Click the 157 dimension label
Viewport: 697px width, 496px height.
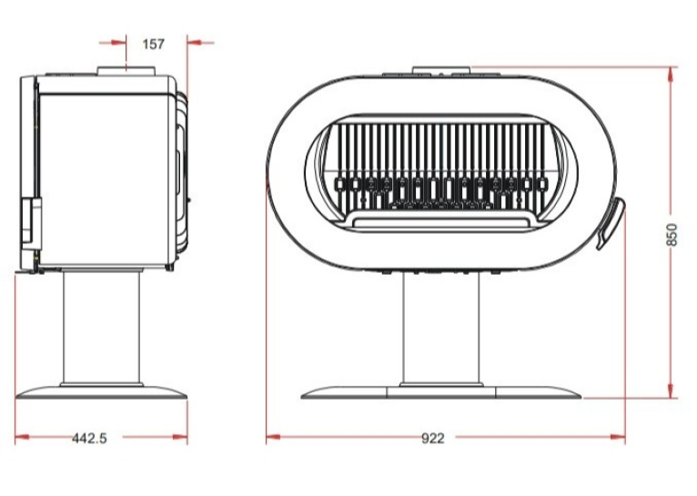pyautogui.click(x=154, y=44)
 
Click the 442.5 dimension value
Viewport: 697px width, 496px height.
pyautogui.click(x=90, y=439)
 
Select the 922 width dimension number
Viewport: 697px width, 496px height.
pyautogui.click(x=432, y=439)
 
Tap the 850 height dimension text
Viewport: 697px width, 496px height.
pyautogui.click(x=672, y=234)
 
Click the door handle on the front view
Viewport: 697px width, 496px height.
pyautogui.click(x=611, y=222)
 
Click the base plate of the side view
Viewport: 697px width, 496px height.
pyautogui.click(x=101, y=392)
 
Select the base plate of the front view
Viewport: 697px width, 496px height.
pyautogui.click(x=441, y=392)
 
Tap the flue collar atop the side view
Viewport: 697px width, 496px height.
pyautogui.click(x=126, y=71)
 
